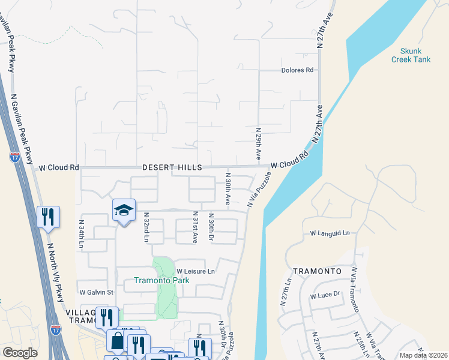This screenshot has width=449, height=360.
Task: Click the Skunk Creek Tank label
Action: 411,55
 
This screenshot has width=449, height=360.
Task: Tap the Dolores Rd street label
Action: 297,70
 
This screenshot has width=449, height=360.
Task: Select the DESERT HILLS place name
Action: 172,168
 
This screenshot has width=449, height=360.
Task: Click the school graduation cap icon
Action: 124,210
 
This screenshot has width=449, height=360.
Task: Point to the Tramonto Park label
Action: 161,280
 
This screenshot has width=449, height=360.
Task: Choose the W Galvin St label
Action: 97,292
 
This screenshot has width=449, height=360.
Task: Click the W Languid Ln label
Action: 329,233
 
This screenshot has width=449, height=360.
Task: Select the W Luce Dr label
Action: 325,295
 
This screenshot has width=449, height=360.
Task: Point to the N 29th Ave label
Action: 258,143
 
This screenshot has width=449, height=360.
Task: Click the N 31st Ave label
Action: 194,227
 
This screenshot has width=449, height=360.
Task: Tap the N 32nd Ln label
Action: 145,227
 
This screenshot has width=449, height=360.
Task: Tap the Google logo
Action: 20,353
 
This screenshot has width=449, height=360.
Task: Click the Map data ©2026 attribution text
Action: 423,355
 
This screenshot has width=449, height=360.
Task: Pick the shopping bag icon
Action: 116,341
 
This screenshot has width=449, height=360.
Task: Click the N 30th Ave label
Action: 228,190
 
